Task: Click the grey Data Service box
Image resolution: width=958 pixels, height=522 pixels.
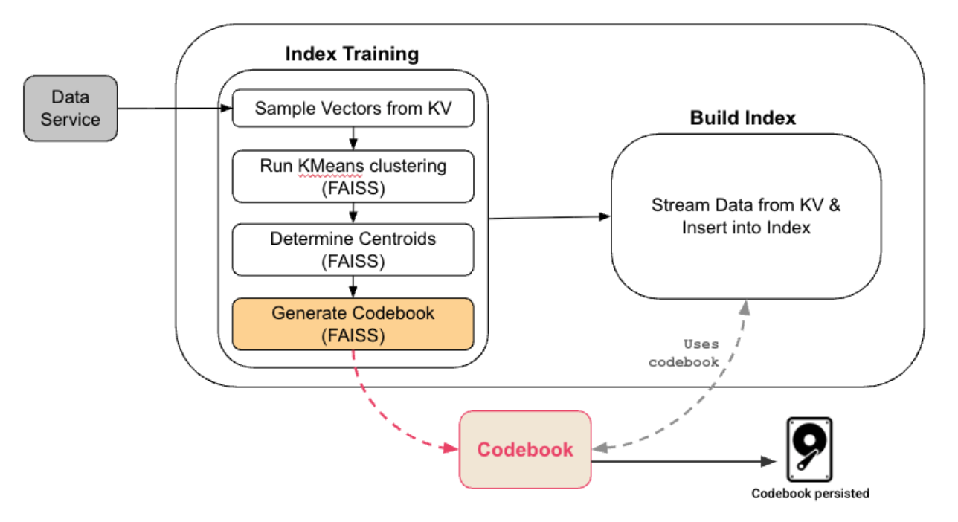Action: (x=71, y=108)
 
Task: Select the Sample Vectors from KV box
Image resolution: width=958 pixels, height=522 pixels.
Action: (x=353, y=109)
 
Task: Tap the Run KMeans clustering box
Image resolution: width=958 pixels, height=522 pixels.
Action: (x=353, y=176)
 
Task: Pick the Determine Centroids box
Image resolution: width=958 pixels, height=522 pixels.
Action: (x=353, y=250)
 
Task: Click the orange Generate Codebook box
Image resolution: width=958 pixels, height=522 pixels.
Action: (x=353, y=324)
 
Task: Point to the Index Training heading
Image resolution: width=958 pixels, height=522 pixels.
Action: (x=352, y=54)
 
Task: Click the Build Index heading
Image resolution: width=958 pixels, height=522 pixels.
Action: (x=743, y=117)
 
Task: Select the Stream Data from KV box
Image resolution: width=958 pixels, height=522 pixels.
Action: (x=746, y=216)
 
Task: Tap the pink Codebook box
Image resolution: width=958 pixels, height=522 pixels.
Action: (x=525, y=450)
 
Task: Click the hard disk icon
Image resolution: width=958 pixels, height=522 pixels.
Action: (x=809, y=450)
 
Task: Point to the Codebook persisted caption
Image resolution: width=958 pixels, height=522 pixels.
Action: (x=810, y=493)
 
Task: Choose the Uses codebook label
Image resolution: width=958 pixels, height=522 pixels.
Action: (x=684, y=353)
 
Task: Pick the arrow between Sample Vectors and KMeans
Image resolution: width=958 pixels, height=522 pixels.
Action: (x=353, y=138)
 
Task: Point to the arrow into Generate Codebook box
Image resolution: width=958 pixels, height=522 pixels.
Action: (x=353, y=286)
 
